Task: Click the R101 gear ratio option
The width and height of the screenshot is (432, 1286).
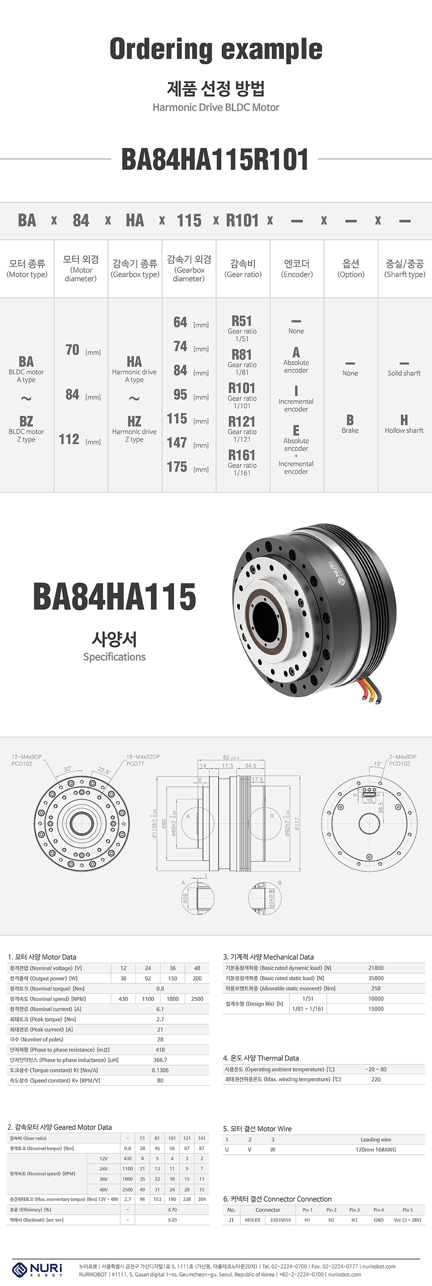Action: click(242, 388)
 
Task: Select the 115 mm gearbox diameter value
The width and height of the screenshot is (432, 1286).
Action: click(177, 418)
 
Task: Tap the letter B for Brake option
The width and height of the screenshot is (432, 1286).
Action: click(350, 420)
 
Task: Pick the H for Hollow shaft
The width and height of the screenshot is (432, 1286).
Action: click(404, 420)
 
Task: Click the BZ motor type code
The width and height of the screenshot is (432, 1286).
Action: click(26, 421)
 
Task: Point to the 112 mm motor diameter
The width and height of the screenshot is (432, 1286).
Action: click(69, 439)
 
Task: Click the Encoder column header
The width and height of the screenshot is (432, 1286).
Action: click(297, 268)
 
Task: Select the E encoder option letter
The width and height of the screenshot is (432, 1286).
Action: click(296, 430)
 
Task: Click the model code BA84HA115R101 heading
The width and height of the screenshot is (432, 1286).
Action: click(215, 159)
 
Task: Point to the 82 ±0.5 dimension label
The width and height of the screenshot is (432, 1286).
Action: click(231, 757)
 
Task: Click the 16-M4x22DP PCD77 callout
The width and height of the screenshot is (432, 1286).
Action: click(143, 760)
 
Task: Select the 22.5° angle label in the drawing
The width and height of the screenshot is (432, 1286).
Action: click(104, 771)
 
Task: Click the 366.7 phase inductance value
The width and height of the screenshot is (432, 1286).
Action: click(160, 1060)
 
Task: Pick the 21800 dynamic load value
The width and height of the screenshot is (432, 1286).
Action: click(376, 968)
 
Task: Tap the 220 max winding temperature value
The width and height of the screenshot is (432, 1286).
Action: click(376, 1079)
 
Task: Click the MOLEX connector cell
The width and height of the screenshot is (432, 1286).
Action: click(253, 1219)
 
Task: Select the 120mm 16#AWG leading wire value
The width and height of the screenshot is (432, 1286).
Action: click(376, 1149)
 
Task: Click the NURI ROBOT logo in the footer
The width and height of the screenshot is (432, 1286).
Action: click(37, 1268)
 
